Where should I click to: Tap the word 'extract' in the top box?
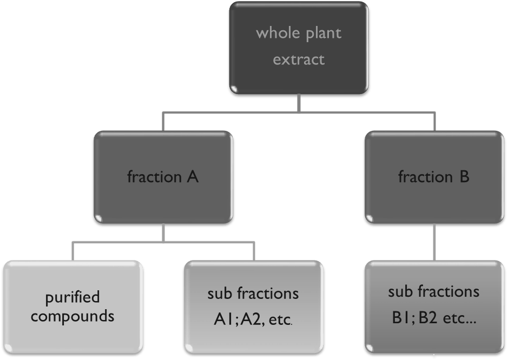tap(299, 59)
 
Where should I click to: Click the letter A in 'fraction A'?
tap(193, 177)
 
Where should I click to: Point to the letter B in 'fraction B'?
tap(464, 177)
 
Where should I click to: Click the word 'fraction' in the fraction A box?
tap(154, 177)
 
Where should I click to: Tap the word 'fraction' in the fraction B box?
tap(425, 177)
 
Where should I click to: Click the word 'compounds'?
tap(72, 316)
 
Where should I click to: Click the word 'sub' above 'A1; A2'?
tap(218, 294)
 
